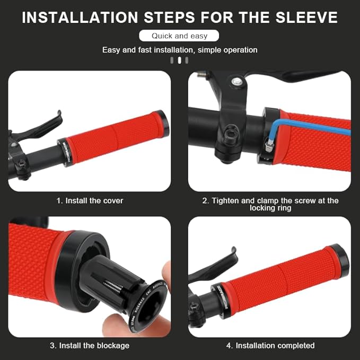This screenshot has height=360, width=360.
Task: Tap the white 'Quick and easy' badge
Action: click(x=180, y=36)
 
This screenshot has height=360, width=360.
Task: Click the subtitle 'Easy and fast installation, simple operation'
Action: click(x=180, y=50)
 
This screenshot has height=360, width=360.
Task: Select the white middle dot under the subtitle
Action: click(x=180, y=60)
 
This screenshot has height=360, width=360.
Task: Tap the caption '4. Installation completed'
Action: click(x=270, y=345)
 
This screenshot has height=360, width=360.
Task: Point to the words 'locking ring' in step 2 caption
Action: click(x=270, y=208)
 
